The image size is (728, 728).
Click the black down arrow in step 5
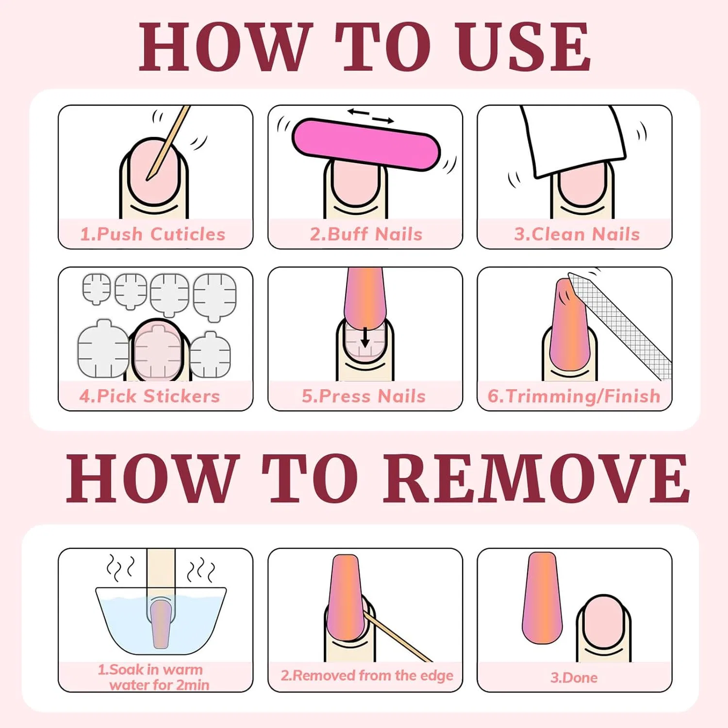point(365,337)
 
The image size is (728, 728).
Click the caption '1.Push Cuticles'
point(153,234)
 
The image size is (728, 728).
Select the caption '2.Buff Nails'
point(366,234)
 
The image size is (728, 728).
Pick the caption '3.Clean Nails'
point(577,234)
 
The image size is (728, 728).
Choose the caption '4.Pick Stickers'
point(149,397)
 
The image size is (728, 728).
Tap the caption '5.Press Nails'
point(364,397)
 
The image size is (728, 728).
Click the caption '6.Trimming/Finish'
point(574,397)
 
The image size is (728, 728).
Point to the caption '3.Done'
point(574,678)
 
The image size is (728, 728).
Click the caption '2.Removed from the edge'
point(367,676)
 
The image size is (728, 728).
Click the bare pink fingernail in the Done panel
point(604,624)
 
